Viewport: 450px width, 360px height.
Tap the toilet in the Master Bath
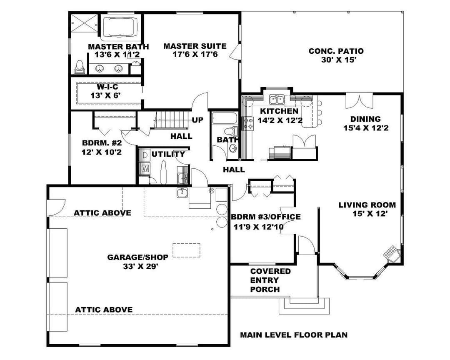(79, 67)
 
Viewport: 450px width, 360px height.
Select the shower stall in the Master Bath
(84, 25)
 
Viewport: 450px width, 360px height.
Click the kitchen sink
(276, 100)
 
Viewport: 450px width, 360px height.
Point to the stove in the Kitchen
(248, 123)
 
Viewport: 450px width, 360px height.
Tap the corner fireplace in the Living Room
(391, 254)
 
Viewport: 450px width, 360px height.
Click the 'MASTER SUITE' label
(195, 46)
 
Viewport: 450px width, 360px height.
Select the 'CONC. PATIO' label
(336, 51)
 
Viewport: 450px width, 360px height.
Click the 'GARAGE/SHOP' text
(138, 257)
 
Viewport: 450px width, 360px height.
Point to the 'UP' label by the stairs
(197, 120)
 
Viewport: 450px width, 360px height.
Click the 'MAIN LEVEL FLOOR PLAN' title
(294, 335)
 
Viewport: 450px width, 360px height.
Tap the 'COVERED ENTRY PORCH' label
(270, 280)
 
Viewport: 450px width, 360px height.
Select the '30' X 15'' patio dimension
(339, 60)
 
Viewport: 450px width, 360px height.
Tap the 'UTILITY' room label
(168, 154)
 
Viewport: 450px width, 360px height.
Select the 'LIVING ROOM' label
(367, 205)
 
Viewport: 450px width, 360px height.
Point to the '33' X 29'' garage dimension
(141, 266)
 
